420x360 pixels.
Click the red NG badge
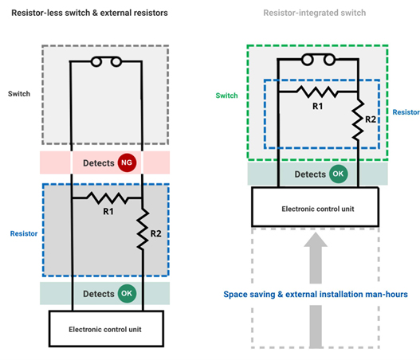click(126, 163)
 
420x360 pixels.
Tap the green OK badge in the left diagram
click(126, 294)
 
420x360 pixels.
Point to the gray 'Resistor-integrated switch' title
click(318, 14)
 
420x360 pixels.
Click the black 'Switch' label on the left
click(19, 93)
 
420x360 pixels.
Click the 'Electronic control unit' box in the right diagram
click(316, 207)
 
